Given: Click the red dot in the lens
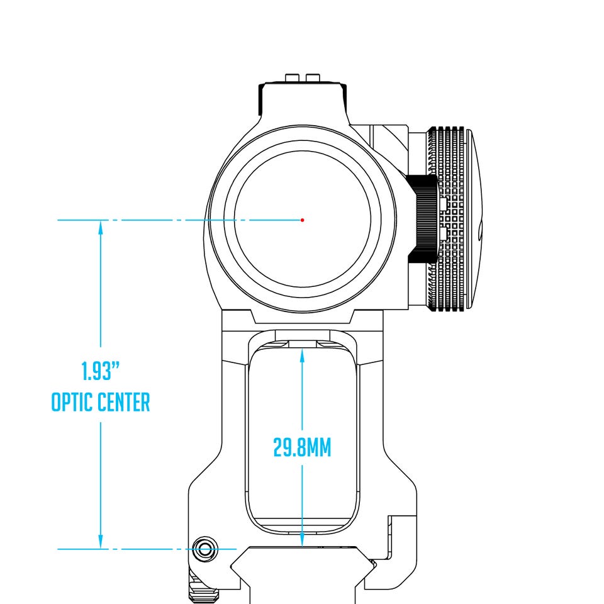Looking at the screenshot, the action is click(303, 220).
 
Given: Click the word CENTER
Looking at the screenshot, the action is click(123, 402).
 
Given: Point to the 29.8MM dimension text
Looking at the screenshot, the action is click(302, 447).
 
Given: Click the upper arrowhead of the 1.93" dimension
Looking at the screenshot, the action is click(101, 227).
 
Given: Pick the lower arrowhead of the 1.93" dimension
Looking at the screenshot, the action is click(101, 542).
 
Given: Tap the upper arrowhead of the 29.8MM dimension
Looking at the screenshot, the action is click(303, 355).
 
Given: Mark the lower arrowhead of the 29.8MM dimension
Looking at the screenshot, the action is click(303, 539).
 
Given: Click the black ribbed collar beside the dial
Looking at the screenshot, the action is click(423, 219).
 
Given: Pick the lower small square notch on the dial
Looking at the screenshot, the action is click(442, 233).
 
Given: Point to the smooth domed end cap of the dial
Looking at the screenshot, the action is click(474, 219).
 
